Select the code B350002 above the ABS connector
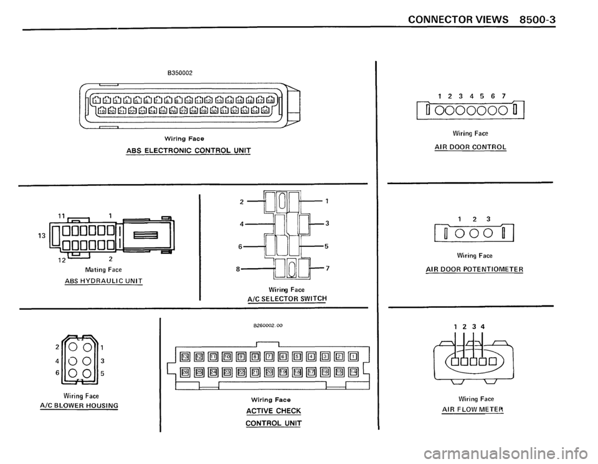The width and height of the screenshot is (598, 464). click(179, 72)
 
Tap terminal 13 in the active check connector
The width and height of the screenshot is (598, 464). click(184, 356)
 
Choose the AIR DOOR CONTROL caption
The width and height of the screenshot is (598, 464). click(470, 147)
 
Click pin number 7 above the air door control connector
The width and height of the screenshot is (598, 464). click(503, 97)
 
